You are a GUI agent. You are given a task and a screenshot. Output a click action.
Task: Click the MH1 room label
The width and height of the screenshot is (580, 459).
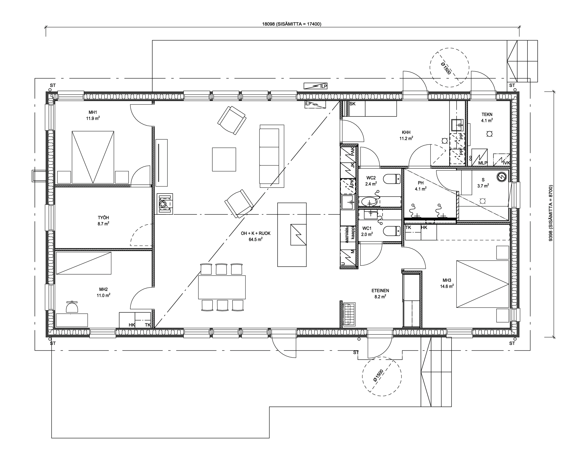(93, 112)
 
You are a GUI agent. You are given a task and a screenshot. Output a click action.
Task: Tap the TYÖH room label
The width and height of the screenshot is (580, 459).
(104, 218)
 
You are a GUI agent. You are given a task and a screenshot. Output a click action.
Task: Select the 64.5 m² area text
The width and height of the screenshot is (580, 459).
(255, 239)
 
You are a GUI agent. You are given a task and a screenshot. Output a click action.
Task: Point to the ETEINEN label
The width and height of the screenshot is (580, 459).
(380, 291)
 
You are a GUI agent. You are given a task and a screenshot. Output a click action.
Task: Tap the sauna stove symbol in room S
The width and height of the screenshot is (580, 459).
(501, 176)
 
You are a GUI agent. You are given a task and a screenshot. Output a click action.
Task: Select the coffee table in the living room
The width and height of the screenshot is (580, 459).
(224, 159)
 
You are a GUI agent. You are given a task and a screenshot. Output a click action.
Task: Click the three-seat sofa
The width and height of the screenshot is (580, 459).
(272, 156)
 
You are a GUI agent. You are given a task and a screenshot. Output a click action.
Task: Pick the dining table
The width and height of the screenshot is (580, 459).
(222, 287)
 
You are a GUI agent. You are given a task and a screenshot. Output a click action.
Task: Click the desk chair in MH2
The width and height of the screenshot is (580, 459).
(72, 307)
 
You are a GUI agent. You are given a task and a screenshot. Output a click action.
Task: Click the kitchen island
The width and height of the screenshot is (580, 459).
(292, 234)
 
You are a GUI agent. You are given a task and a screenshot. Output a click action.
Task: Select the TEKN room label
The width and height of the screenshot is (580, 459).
(487, 114)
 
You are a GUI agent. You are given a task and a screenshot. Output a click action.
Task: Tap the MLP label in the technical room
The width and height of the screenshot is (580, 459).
(483, 163)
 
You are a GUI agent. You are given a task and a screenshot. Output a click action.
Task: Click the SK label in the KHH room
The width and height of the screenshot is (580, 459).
(353, 104)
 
